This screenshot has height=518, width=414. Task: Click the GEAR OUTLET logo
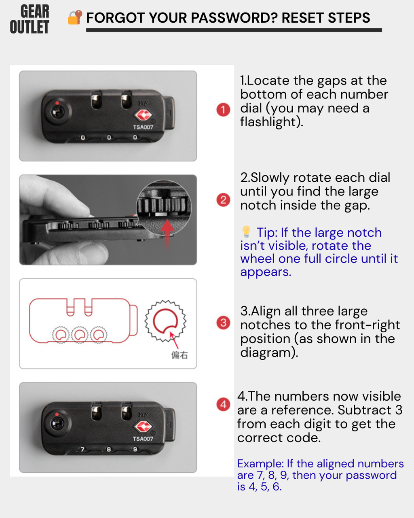[30, 19]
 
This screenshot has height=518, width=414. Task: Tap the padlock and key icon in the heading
[75, 17]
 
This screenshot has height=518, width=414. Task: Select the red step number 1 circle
[223, 110]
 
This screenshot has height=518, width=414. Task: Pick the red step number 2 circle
[223, 200]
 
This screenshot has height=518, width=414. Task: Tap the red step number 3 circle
[223, 323]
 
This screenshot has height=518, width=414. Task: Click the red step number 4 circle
[223, 404]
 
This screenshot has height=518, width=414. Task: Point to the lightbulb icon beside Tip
[246, 231]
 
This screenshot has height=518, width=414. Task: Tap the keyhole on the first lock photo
[57, 112]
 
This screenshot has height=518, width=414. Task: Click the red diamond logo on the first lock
[143, 115]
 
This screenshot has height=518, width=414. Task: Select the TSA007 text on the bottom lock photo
[143, 439]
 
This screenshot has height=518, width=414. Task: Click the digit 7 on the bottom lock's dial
[82, 449]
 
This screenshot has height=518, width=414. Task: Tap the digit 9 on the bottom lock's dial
[135, 449]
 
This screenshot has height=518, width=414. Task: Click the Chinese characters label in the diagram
[180, 355]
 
